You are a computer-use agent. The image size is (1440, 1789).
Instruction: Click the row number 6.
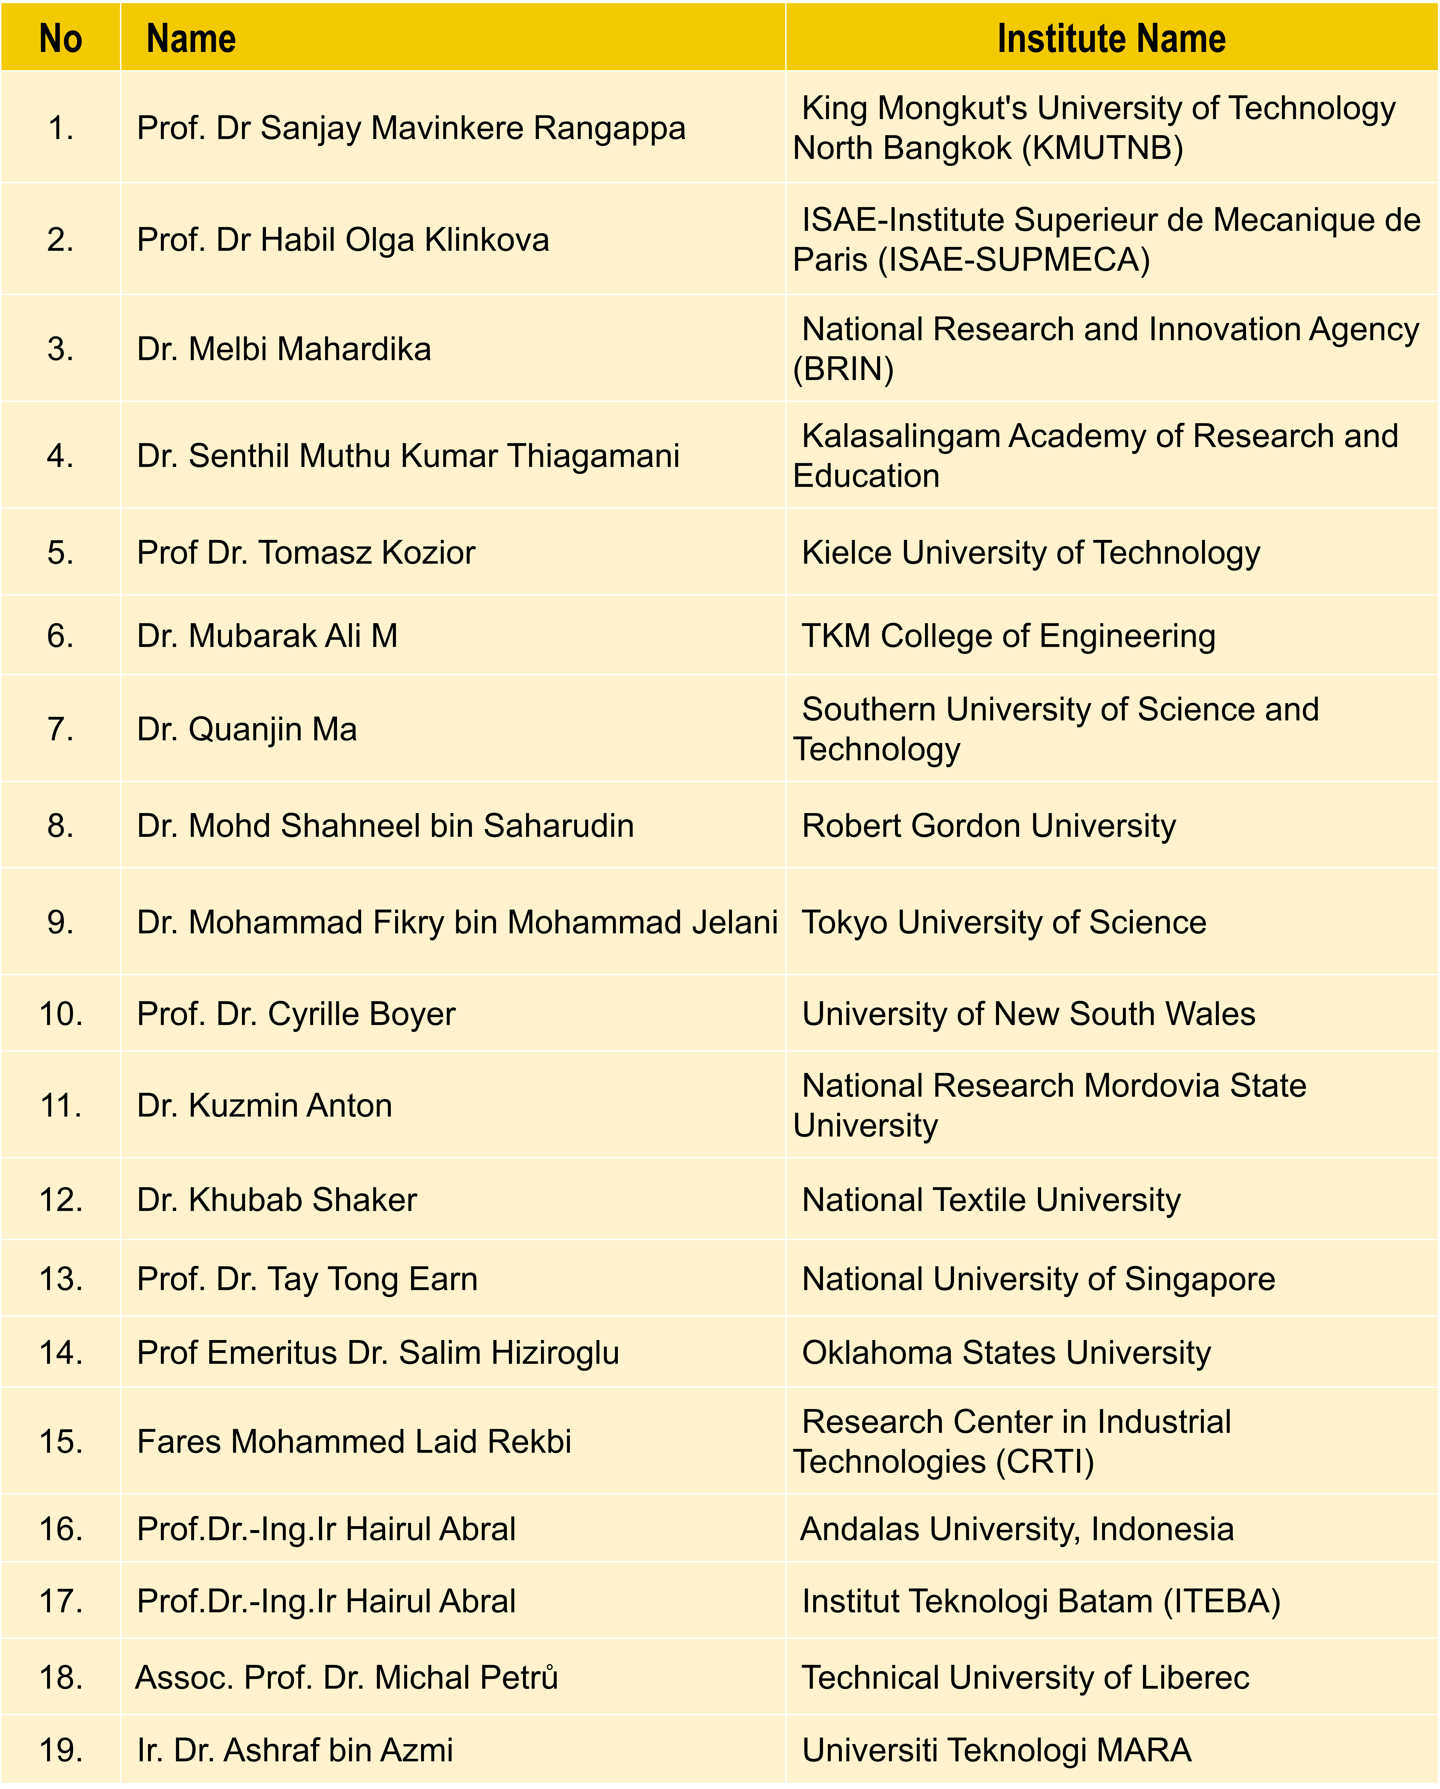61,636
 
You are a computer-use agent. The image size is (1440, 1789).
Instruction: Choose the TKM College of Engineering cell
1008,636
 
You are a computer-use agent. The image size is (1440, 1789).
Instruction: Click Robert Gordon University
989,826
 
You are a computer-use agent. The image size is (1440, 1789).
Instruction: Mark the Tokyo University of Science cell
1004,922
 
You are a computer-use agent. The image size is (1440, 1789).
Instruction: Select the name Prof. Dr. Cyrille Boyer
296,1014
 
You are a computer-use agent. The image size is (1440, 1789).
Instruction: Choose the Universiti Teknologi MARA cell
996,1750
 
